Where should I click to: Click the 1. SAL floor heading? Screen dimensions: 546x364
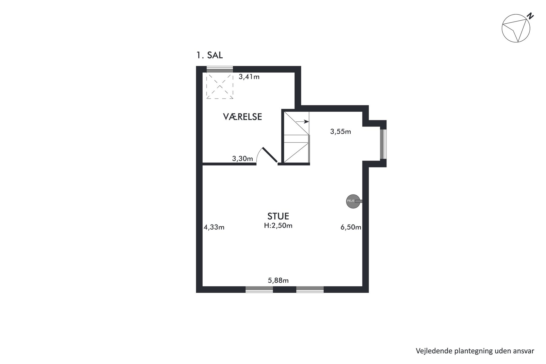tap(209, 56)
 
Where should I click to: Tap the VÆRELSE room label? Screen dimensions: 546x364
tap(242, 117)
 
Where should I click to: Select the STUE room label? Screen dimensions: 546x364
tap(278, 216)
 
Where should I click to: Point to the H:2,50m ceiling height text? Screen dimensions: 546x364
tap(278, 226)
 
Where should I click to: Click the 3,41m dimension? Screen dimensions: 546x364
tap(249, 77)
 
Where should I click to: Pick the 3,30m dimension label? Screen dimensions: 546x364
tap(242, 158)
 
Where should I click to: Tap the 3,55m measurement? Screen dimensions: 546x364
tap(340, 132)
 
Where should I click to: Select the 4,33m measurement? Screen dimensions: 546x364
tap(214, 227)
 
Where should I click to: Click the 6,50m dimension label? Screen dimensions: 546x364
tap(351, 227)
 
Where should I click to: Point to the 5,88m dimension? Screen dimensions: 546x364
tap(278, 281)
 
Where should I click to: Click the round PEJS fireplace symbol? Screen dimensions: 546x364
tap(353, 201)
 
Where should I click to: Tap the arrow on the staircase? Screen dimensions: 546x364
tap(302, 122)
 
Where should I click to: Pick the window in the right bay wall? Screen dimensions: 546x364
tap(383, 144)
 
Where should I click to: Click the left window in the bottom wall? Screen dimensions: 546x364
tap(259, 289)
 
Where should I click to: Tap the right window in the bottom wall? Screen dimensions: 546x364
tap(310, 289)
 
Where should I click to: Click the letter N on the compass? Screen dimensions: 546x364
tap(530, 16)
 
